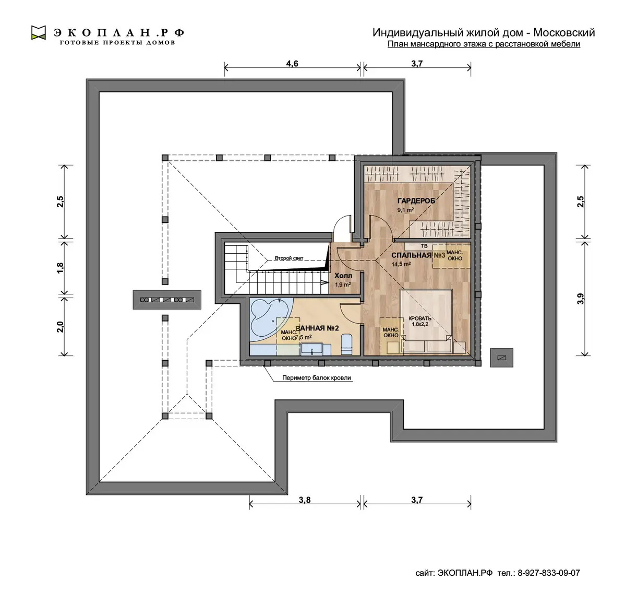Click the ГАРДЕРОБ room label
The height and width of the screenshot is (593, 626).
tap(416, 201)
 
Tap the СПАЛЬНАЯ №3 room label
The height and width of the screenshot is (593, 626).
tap(418, 255)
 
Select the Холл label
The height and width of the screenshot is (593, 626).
tap(343, 276)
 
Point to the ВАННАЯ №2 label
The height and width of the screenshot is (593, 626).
tap(317, 328)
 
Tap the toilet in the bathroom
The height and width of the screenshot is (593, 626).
tap(346, 344)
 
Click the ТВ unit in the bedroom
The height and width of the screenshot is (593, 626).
tap(424, 246)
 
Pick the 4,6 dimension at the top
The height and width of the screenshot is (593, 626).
tap(292, 64)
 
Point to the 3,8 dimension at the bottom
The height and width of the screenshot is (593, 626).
tap(305, 500)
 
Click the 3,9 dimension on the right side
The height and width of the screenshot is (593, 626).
tap(581, 299)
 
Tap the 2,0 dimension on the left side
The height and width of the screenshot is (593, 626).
tap(60, 327)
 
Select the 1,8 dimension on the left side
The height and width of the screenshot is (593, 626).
tap(60, 267)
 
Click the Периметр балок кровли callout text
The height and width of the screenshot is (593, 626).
tap(317, 378)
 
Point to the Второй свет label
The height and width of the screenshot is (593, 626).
tap(289, 258)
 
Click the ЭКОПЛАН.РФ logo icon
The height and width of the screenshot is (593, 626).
tap(38, 33)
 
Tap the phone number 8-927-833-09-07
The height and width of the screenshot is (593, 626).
tap(549, 573)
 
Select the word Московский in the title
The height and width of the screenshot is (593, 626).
tap(564, 32)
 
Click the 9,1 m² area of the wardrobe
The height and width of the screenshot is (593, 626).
tap(405, 210)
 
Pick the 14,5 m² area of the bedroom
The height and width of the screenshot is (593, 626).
tap(401, 264)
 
